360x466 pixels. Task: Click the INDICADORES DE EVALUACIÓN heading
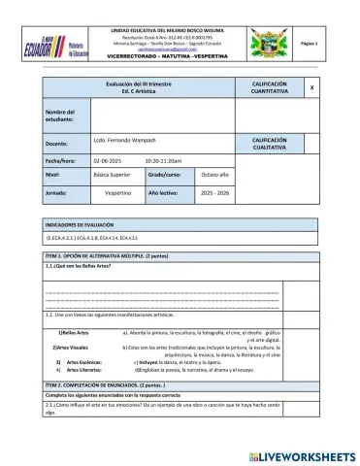[83, 223]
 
